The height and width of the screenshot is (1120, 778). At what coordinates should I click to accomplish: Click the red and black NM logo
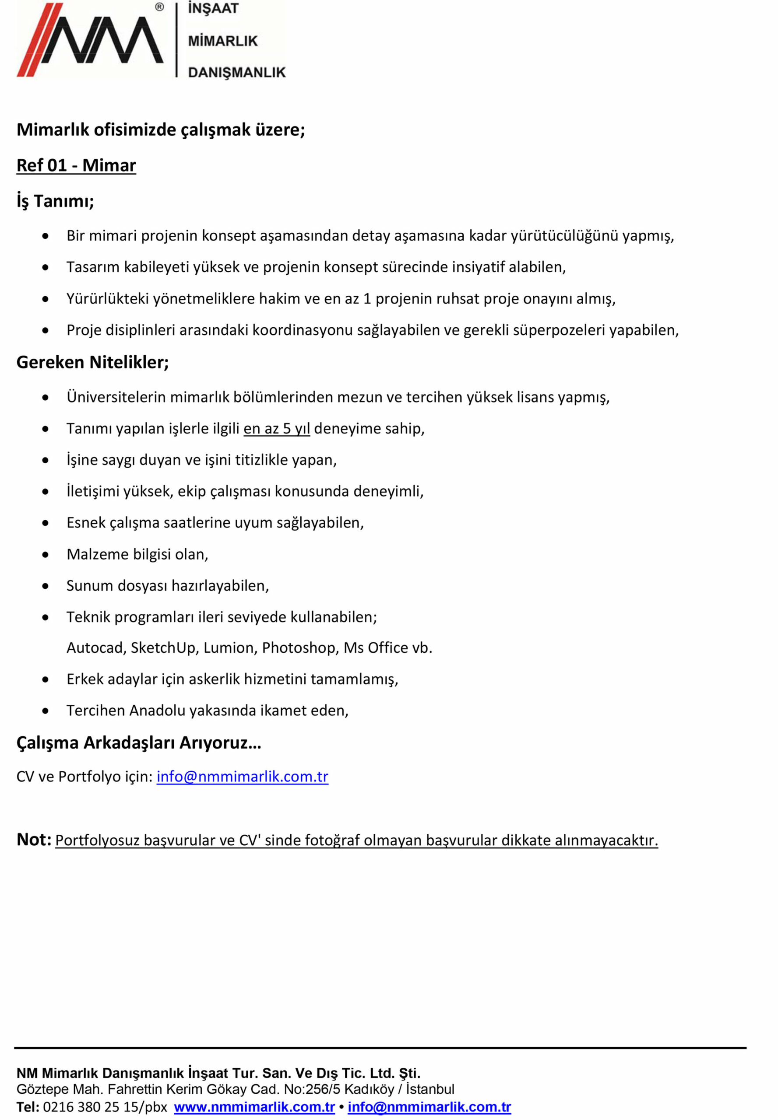pyautogui.click(x=90, y=40)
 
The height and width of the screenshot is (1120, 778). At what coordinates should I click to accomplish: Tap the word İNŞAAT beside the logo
pyautogui.click(x=213, y=9)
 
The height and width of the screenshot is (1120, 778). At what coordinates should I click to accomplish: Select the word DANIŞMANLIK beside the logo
pyautogui.click(x=236, y=73)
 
